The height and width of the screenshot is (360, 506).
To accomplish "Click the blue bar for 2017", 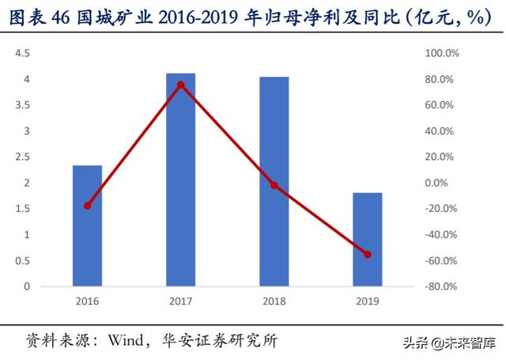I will click(x=180, y=180).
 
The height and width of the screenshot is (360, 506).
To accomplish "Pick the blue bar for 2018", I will click(x=274, y=181).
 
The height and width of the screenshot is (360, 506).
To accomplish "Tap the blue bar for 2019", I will click(x=367, y=239).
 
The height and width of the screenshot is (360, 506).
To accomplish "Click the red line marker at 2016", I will click(x=87, y=206).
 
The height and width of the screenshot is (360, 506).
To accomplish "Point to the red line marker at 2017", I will click(x=180, y=85).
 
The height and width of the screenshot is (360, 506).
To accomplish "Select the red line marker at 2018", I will click(x=274, y=185).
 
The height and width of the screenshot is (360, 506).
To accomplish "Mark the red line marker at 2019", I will click(x=367, y=255).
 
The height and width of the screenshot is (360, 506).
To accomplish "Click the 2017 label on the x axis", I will click(x=180, y=301).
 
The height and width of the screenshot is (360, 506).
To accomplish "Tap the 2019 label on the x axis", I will click(x=367, y=301).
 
